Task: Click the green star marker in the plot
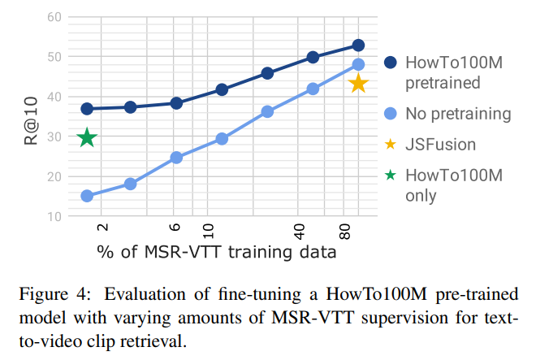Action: (87, 137)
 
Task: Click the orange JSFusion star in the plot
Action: (358, 83)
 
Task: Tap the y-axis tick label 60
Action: (54, 16)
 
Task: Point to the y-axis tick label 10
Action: (54, 216)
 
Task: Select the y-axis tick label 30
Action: (54, 137)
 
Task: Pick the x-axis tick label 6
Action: (175, 231)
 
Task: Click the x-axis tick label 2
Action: (102, 231)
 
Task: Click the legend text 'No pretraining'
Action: (458, 113)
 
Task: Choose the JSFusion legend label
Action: (440, 145)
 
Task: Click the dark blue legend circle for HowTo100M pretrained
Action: (390, 63)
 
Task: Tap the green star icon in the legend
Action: (390, 176)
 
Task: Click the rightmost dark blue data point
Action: (358, 45)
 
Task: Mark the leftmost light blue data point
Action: (87, 196)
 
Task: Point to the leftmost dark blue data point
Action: (87, 109)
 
